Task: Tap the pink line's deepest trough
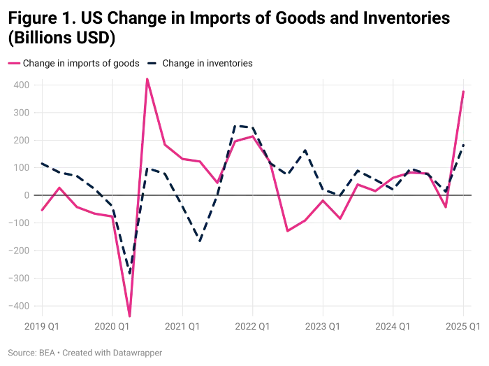coord(129,315)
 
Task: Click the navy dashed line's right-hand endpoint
coord(463,142)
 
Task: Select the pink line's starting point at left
coord(42,211)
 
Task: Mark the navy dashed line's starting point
coord(42,163)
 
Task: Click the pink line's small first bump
coord(59,187)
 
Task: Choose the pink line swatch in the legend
coord(13,64)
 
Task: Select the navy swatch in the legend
coord(152,64)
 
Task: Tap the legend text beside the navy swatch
coord(208,64)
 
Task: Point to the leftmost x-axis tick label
coord(42,325)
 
